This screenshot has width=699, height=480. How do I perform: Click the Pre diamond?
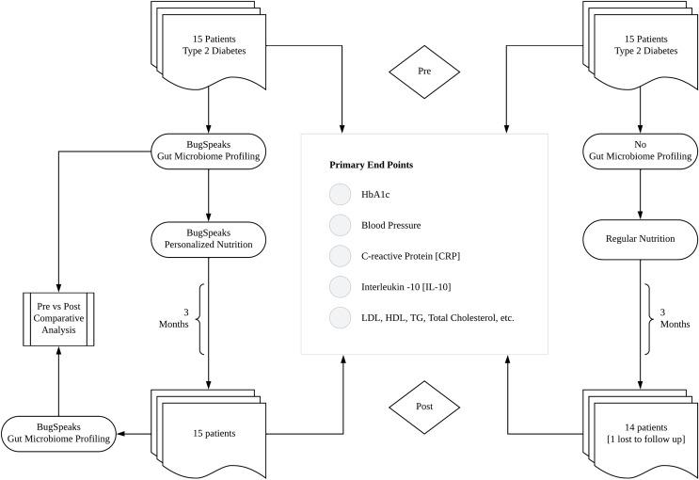[424, 71]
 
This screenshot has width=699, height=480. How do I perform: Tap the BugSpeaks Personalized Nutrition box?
[206, 239]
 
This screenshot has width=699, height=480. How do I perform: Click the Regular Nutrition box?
[641, 239]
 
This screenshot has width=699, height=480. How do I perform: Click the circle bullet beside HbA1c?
[340, 195]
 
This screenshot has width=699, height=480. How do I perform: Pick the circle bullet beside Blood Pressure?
[340, 226]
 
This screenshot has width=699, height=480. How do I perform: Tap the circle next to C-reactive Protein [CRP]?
[340, 256]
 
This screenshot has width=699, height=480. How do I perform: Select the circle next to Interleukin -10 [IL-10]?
[340, 287]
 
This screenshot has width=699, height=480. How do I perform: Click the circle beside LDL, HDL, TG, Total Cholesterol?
[340, 318]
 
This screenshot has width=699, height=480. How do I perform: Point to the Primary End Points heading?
[371, 165]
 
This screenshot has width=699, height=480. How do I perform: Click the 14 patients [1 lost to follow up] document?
[640, 432]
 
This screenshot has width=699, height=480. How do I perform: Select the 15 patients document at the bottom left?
[201, 432]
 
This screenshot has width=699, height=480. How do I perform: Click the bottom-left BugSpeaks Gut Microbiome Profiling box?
[58, 433]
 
